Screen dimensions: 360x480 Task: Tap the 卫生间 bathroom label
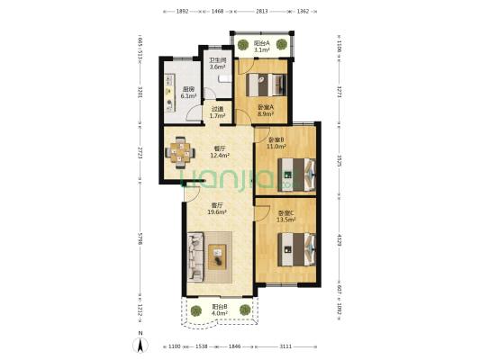tap(216, 61)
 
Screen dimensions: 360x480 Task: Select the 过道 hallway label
tap(216, 111)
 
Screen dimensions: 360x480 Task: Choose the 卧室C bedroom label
tap(285, 212)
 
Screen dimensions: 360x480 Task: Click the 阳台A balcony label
tap(260, 44)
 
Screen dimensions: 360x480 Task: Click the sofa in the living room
tap(198, 255)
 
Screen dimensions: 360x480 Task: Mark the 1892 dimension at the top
tap(181, 11)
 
